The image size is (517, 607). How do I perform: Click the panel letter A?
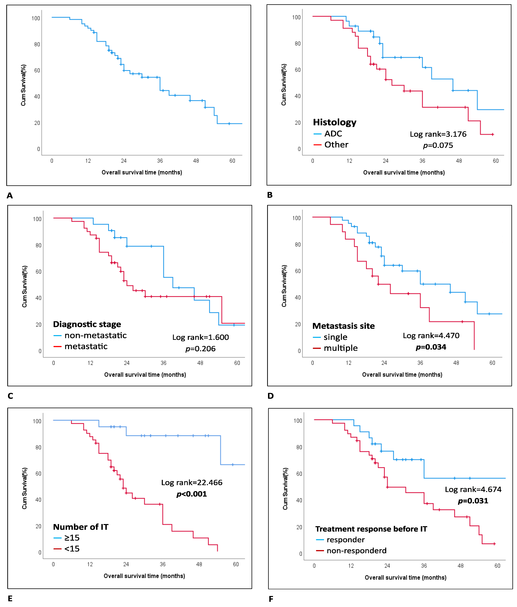coord(10,195)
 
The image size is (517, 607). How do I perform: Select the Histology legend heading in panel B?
coord(335,122)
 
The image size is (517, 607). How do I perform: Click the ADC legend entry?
coord(333,134)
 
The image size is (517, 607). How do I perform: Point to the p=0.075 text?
coord(438,145)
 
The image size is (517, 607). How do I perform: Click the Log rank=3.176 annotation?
coord(438,134)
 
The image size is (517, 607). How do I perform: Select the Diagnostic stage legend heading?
coord(87,324)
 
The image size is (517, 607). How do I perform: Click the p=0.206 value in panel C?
coord(201,349)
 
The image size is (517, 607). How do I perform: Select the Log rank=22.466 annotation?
coord(192,482)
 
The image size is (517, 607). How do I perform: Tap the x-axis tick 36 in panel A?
coord(160,161)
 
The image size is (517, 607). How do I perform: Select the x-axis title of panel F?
coord(406,577)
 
